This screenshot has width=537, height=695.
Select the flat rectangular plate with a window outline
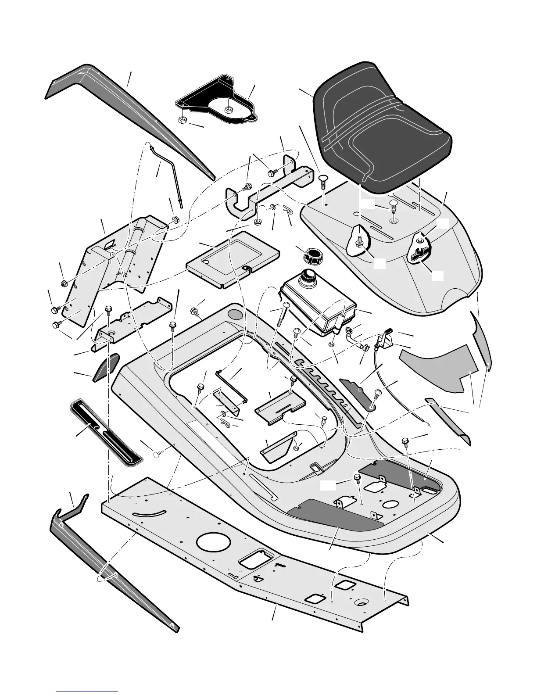pos(233,259)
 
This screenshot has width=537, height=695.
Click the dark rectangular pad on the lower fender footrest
pos(336,513)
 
